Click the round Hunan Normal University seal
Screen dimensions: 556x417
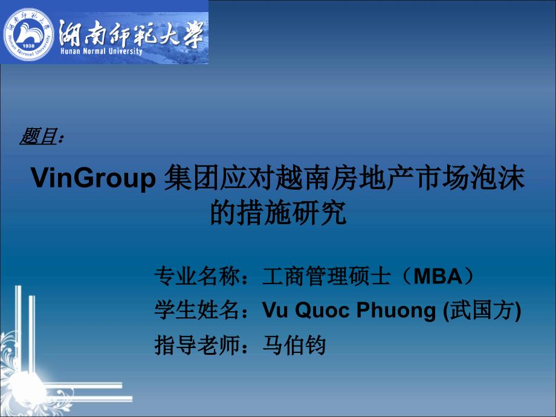tap(28, 34)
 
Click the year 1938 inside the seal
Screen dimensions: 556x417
tap(28, 46)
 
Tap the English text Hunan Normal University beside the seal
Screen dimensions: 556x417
tap(102, 51)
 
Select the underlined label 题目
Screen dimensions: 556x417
tap(39, 136)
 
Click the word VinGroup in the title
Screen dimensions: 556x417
tap(93, 178)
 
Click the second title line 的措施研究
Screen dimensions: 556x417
tap(278, 212)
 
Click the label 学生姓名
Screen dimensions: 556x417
tap(197, 310)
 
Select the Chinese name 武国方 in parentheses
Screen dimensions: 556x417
tap(482, 310)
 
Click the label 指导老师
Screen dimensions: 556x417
tap(197, 345)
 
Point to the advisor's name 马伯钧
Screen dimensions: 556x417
tap(294, 345)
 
